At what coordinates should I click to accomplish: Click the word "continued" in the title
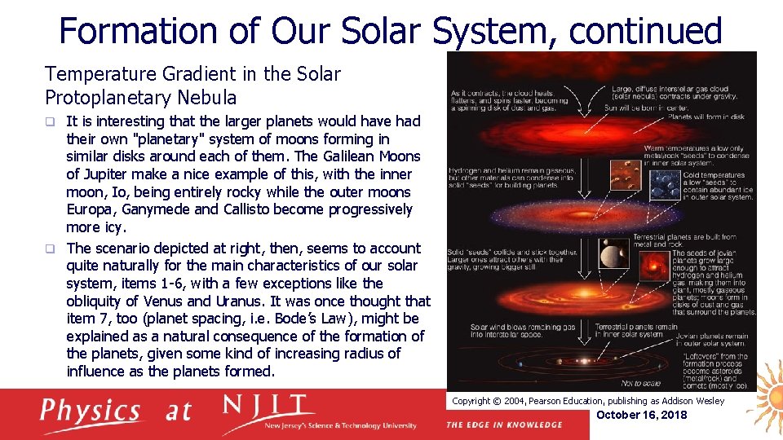645,31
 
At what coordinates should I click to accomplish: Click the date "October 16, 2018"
643,415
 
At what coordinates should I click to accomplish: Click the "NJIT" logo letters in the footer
268,407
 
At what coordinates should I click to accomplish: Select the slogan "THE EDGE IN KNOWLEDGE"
504,425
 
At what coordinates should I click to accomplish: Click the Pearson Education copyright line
587,401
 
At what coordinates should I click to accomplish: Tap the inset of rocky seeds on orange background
625,174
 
